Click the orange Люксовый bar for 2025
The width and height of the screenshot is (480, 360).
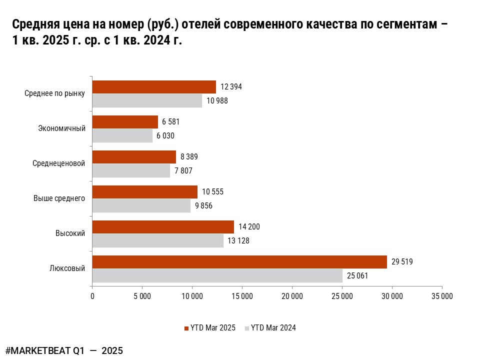239,262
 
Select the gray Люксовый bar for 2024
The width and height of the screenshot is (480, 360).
217,275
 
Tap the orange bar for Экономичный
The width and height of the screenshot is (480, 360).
125,122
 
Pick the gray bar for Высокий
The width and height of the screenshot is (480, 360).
158,240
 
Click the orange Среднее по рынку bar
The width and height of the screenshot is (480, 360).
154,87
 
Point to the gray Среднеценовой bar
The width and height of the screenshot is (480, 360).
131,170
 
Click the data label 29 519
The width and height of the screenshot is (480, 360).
402,262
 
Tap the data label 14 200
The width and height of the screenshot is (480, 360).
249,227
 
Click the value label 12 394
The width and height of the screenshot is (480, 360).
231,87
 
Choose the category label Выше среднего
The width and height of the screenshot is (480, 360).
59,198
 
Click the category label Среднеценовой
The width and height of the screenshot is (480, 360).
58,163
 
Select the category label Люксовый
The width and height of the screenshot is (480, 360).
67,268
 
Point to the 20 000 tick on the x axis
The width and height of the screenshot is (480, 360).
292,296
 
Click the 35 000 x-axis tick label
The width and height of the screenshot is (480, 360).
442,296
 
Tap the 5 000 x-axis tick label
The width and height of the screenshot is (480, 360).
142,296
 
